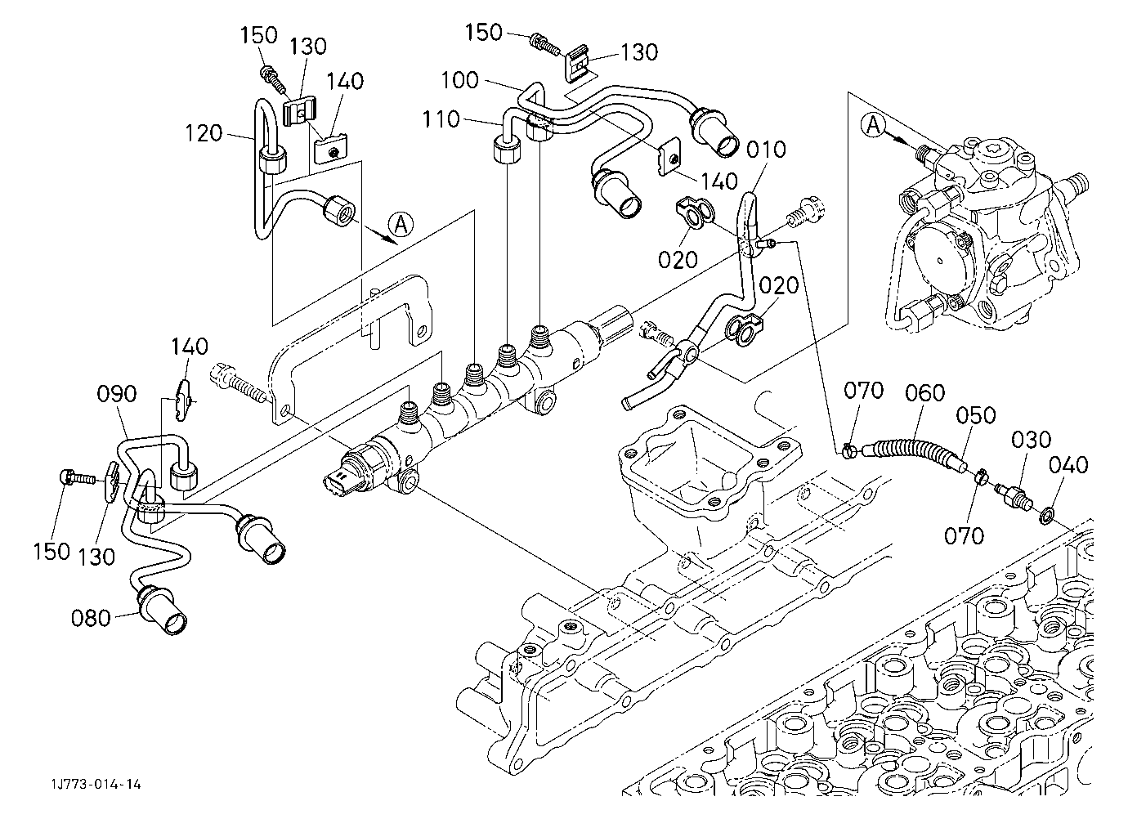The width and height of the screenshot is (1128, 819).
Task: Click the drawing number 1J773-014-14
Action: [96, 784]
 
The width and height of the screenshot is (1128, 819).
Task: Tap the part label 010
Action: [766, 150]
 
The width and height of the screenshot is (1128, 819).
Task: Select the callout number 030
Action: [1032, 440]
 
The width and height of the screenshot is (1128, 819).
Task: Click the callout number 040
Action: [1068, 465]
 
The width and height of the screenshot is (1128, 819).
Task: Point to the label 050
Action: [976, 415]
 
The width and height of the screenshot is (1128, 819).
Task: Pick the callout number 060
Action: [925, 392]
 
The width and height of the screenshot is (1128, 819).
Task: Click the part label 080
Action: [91, 618]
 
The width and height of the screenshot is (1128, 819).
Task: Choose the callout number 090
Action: [117, 395]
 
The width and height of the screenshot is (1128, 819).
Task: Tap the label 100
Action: [459, 80]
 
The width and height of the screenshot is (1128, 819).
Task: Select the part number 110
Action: [441, 119]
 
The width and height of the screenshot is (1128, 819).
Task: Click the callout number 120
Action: [204, 133]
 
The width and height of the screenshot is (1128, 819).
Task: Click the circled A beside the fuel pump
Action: [874, 125]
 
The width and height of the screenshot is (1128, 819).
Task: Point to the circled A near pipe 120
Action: [401, 224]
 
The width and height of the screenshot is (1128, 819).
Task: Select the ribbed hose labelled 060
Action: [915, 450]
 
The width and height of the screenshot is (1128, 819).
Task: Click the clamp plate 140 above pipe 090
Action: [183, 400]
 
